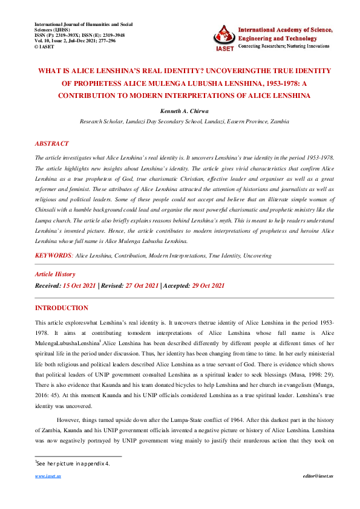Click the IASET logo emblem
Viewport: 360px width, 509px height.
tap(224, 37)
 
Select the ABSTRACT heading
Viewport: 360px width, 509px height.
tap(52, 144)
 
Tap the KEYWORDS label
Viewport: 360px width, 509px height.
tap(53, 256)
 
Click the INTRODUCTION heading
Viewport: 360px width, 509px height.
tap(62, 308)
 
